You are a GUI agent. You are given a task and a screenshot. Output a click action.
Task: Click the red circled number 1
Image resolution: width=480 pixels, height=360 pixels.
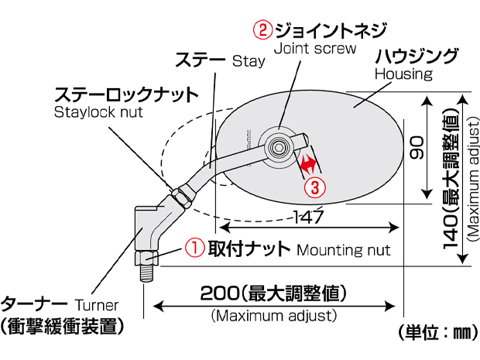[194, 248]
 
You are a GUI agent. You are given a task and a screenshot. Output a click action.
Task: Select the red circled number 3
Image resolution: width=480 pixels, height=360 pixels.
[314, 186]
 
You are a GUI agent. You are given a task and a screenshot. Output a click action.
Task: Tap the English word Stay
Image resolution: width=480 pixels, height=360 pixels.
[249, 60]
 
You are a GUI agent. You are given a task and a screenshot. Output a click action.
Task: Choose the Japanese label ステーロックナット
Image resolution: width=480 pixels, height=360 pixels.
[126, 94]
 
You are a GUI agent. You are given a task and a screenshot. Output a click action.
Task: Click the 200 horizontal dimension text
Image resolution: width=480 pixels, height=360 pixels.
[272, 295]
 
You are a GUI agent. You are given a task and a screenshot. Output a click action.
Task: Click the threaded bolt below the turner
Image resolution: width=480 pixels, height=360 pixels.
[148, 272]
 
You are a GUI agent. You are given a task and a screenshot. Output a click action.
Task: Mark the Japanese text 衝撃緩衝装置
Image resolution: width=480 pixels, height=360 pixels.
[64, 327]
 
